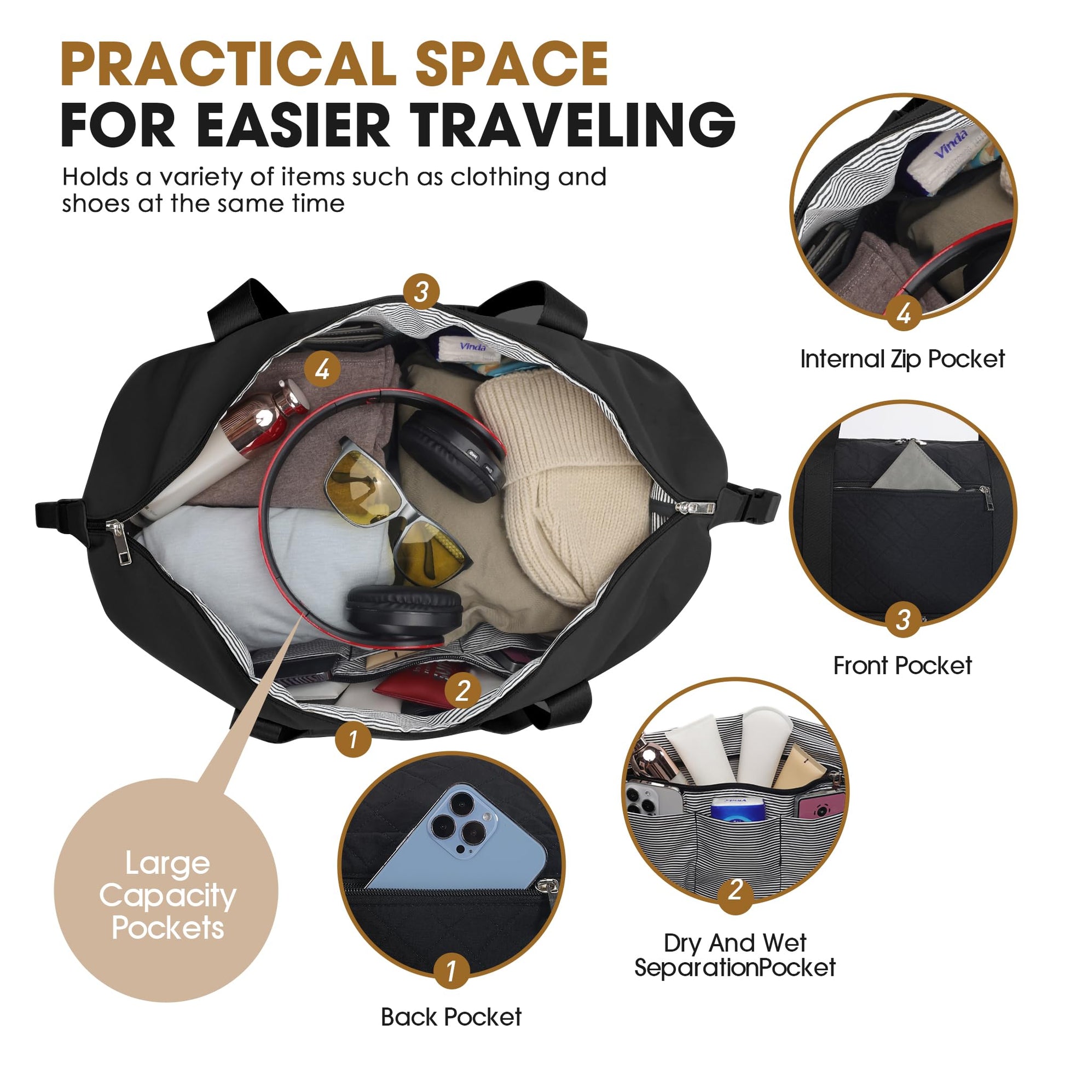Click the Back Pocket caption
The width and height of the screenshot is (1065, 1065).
pos(451,1016)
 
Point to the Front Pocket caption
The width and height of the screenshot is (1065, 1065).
pos(902,665)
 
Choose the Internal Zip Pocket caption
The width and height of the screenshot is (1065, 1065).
pos(902,359)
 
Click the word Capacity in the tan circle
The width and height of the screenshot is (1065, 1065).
pos(167,897)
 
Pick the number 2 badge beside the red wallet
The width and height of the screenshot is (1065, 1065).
pos(462,690)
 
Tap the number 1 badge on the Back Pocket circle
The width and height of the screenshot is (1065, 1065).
pos(452,971)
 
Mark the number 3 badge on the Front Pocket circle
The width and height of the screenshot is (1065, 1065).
pos(902,619)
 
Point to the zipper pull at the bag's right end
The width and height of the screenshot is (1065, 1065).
pos(697,507)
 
